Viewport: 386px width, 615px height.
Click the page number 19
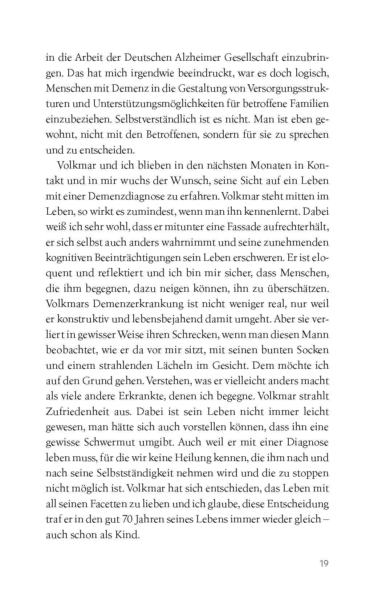click(324, 563)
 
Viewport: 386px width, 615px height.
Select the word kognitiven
click(69, 258)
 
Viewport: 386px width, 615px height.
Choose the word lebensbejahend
click(158, 319)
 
